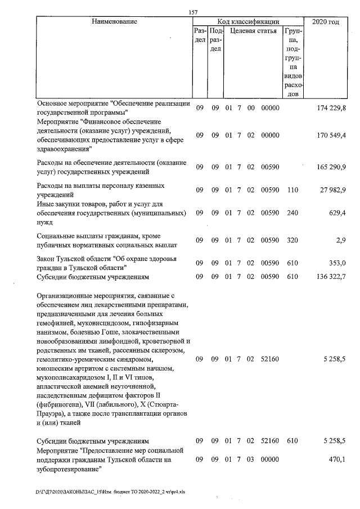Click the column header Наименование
[114, 21]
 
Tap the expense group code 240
[292, 214]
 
